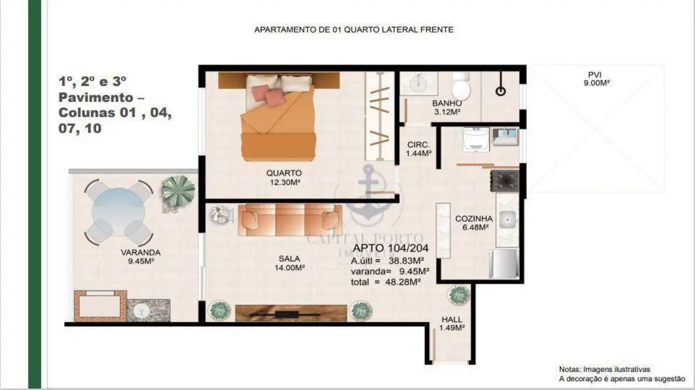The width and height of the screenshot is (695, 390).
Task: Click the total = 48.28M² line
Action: (x=385, y=281)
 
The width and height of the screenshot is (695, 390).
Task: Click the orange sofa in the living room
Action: (x=290, y=220)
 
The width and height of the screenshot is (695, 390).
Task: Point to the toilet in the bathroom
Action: (x=461, y=87)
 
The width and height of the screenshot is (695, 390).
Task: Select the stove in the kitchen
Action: (x=505, y=181)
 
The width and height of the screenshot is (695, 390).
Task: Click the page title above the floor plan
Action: (x=354, y=29)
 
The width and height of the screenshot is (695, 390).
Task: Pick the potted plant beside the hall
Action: (x=459, y=295)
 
